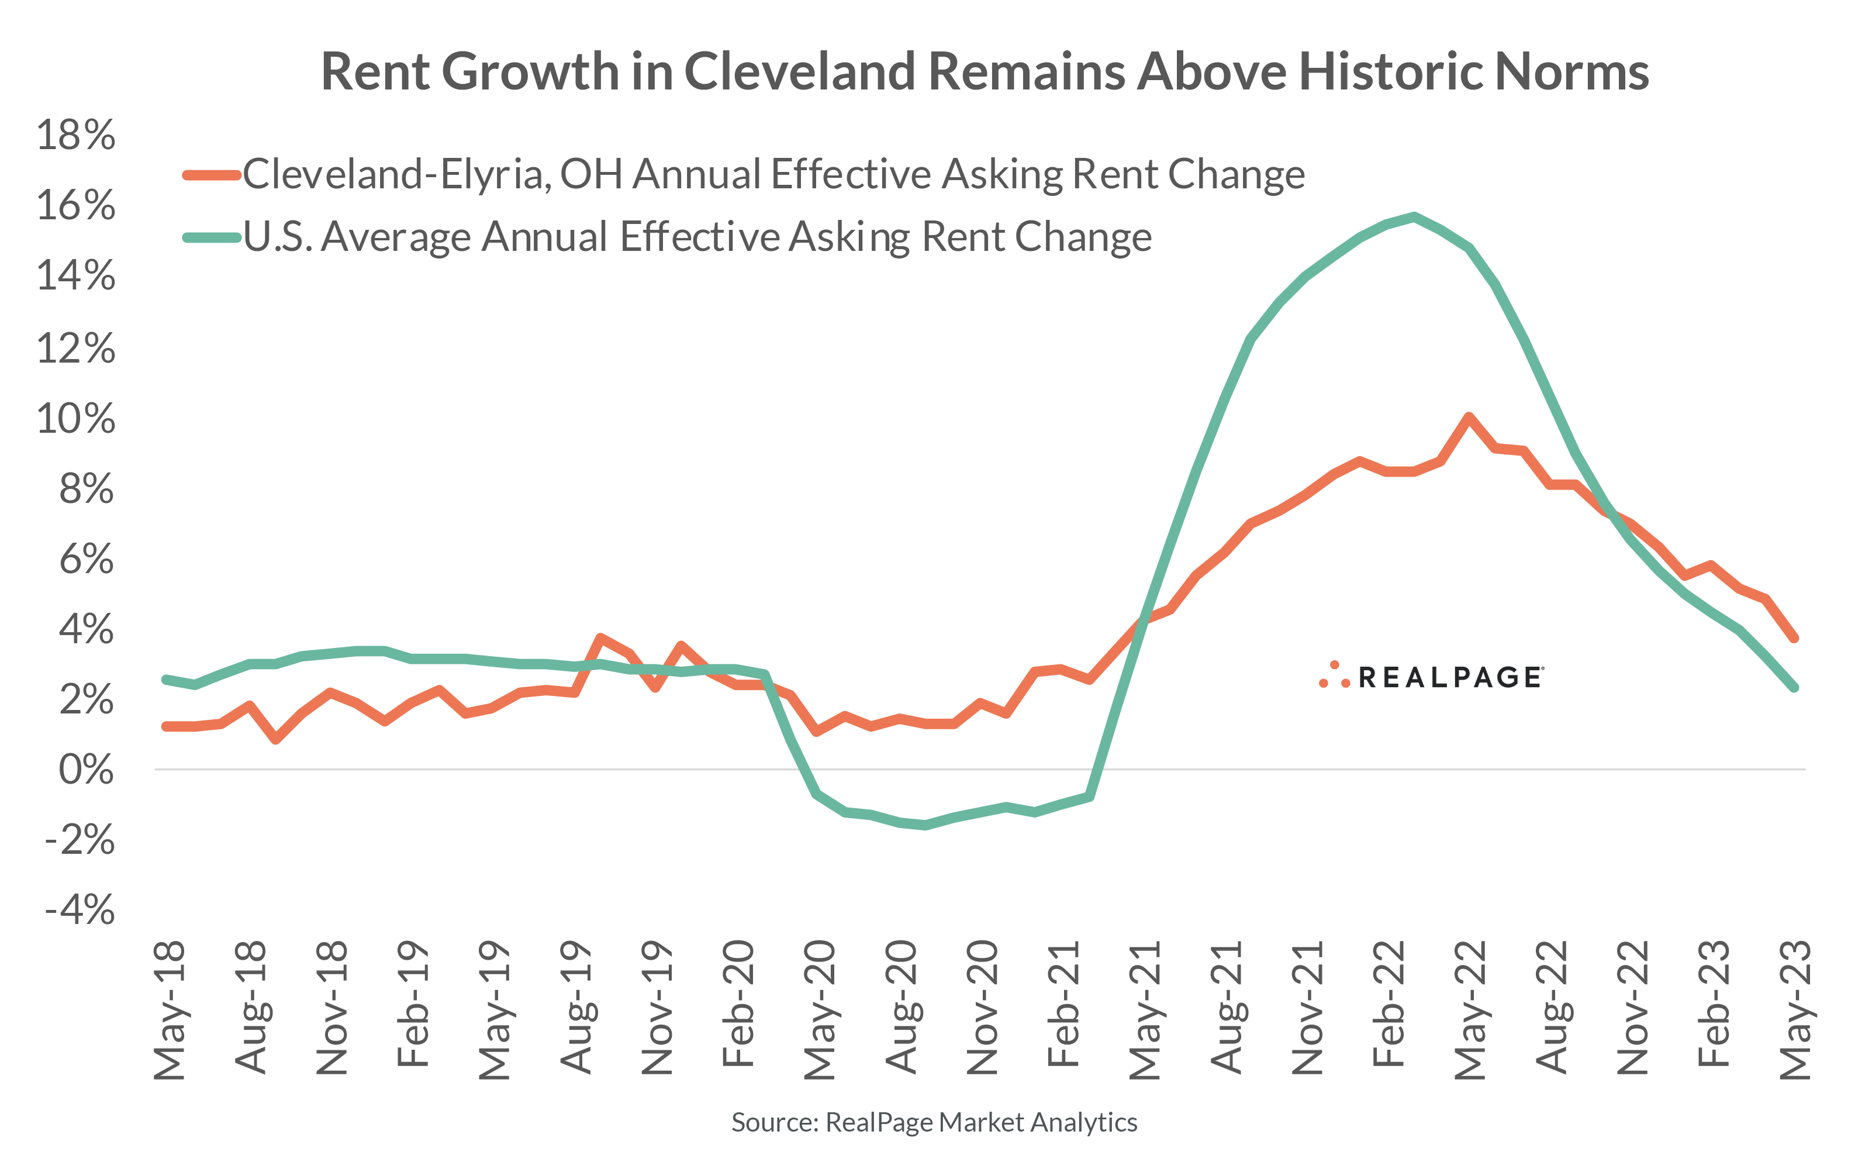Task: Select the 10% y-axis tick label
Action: coord(75,419)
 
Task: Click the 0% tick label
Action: coord(86,769)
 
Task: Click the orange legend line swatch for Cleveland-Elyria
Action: coord(211,175)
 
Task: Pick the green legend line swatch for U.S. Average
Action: coord(211,237)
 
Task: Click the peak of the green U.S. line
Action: coord(1414,216)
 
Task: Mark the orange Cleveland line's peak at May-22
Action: coord(1469,418)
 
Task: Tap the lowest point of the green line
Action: coord(925,826)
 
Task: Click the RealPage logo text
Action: coord(1449,677)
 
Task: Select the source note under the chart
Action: coord(934,1122)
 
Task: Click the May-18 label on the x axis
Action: coord(170,1009)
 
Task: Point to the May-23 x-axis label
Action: coord(1796,1009)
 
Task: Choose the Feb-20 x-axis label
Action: coord(739,1003)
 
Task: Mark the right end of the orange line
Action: coord(1794,637)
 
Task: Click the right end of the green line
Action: coord(1794,687)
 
